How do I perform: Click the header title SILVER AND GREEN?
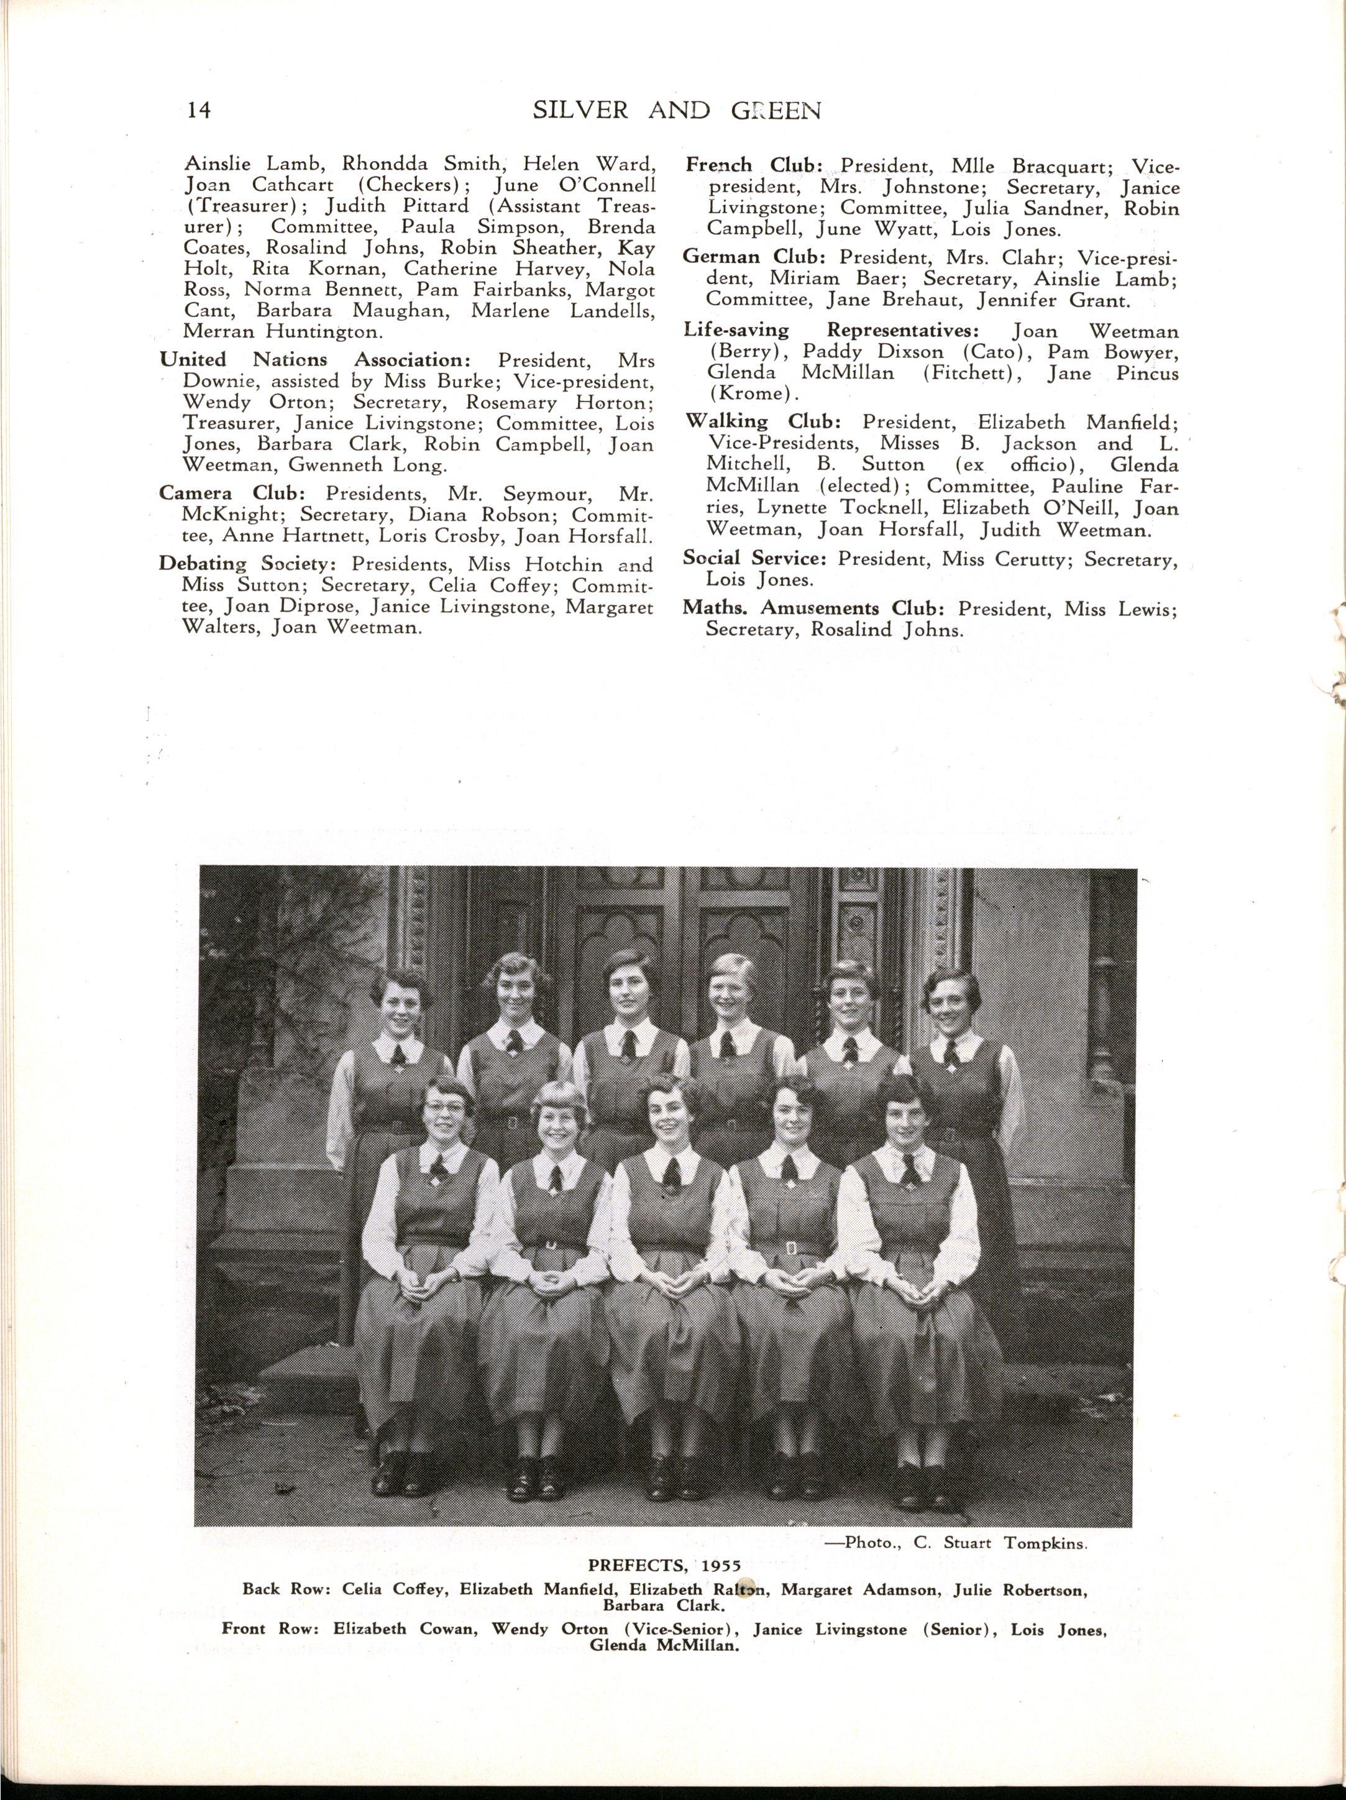[x=676, y=110]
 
